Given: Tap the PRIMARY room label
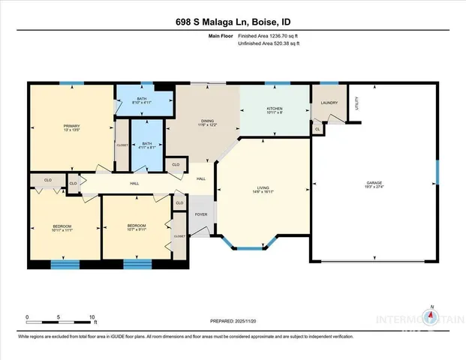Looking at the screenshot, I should click(x=72, y=126).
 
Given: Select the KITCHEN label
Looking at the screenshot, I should click(x=275, y=109).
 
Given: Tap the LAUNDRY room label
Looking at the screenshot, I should click(x=329, y=103).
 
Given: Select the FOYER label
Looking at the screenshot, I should click(x=201, y=214).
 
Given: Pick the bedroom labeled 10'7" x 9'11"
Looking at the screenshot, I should click(x=137, y=227).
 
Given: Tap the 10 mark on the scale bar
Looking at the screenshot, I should click(x=92, y=316).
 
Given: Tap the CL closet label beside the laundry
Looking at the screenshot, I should click(x=317, y=129).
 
